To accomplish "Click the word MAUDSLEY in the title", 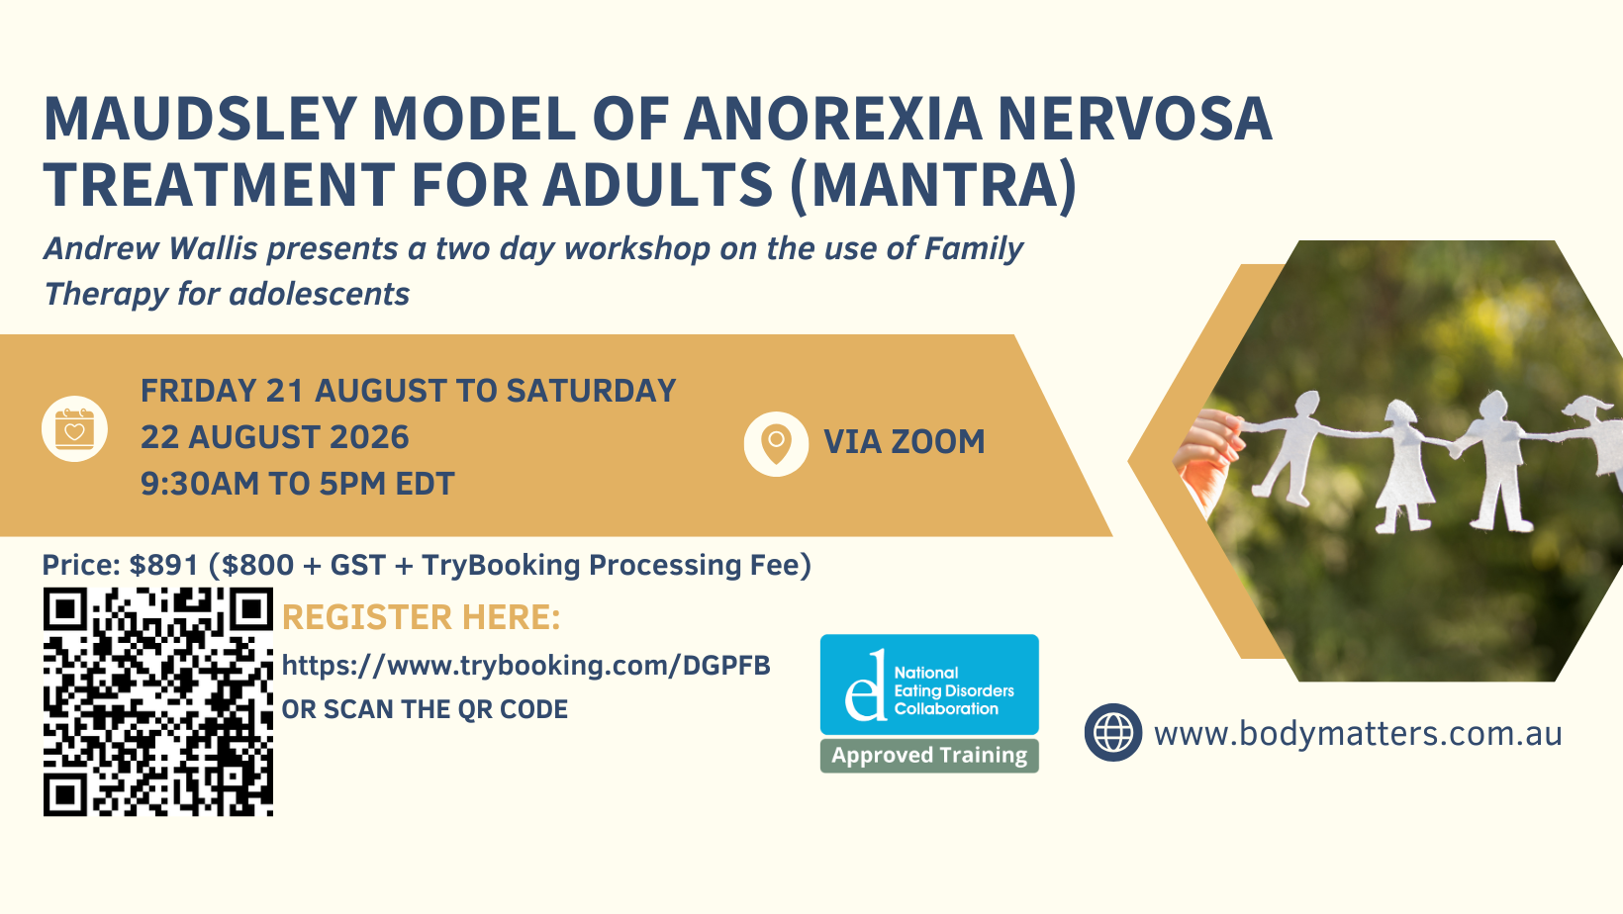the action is click(200, 119).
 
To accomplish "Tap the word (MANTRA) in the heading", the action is click(933, 185).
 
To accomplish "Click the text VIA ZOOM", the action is click(905, 442).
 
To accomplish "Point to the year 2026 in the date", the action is click(369, 437).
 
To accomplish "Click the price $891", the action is click(163, 565).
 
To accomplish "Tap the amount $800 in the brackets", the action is click(258, 565).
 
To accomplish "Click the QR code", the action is click(158, 701).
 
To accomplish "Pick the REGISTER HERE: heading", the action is click(421, 618).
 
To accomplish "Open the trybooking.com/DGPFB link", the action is click(526, 666).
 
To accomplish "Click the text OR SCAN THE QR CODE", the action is click(425, 710).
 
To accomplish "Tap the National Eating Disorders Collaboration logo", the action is click(929, 685).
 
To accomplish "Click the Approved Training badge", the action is click(929, 756).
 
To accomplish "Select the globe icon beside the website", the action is click(1113, 732).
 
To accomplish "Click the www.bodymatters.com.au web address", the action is click(1358, 734).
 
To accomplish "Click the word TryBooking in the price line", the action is click(502, 566).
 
